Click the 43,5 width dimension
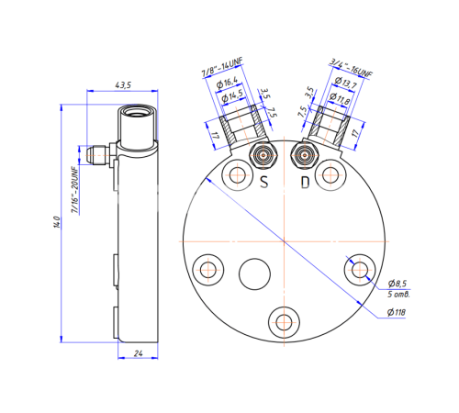123,85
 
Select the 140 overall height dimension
57,222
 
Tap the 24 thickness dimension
138,353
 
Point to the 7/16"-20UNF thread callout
75,190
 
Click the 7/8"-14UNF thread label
222,67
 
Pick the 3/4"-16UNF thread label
351,68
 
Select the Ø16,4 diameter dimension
227,83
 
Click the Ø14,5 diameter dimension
232,95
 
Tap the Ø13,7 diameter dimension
345,83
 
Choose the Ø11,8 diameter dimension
340,98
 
